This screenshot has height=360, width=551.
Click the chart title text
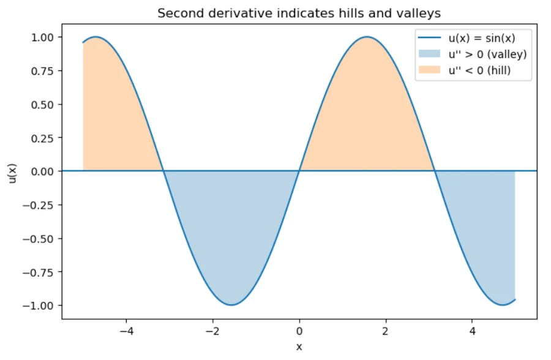click(x=299, y=13)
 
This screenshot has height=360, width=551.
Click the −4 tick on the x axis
click(x=126, y=331)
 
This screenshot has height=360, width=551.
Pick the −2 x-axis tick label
click(x=212, y=331)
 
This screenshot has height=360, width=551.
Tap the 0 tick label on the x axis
click(x=299, y=331)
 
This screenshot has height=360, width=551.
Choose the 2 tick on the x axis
click(x=386, y=331)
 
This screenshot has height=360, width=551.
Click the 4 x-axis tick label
click(x=472, y=331)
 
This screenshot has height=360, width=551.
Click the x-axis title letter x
click(x=299, y=347)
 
